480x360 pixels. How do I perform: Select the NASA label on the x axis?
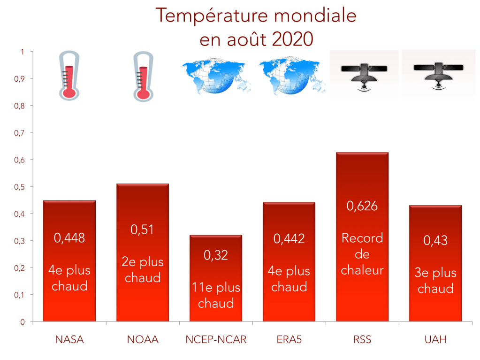69,339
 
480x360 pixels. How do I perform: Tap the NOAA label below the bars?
143,339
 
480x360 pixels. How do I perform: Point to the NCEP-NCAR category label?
216,339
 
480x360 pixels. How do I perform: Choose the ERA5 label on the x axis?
289,339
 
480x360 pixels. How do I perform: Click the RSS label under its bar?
362,339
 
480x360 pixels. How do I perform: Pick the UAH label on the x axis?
435,339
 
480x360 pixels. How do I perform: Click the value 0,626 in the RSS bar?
362,206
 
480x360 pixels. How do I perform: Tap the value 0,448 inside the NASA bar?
69,238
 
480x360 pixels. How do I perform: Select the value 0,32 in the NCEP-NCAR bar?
216,255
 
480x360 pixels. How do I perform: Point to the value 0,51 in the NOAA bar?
143,230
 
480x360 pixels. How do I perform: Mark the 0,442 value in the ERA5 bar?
289,238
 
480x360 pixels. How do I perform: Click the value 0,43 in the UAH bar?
435,240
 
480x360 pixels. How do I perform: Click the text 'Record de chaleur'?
362,254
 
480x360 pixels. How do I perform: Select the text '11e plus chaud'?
216,295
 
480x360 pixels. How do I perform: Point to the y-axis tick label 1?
22,52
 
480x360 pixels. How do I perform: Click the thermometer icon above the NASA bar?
69,77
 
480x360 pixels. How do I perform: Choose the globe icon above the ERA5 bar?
291,75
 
